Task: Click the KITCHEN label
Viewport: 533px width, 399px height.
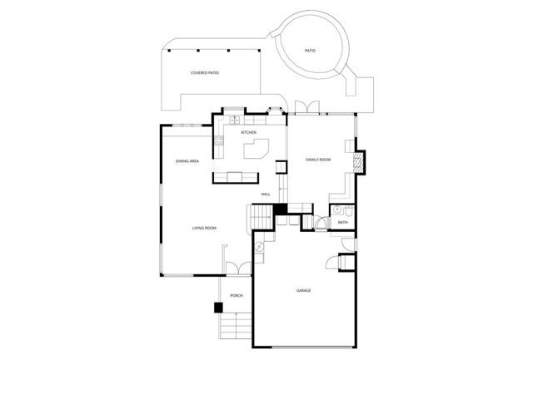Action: click(248, 133)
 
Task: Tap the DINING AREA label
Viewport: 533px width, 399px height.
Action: click(187, 160)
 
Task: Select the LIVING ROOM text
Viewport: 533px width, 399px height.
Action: click(204, 228)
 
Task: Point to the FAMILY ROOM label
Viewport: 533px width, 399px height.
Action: click(318, 159)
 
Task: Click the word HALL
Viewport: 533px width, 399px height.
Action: click(266, 194)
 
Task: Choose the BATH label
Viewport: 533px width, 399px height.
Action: click(342, 223)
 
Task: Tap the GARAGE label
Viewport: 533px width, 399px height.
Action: click(303, 290)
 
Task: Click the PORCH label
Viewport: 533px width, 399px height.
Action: click(236, 295)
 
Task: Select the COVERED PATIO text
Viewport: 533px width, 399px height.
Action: click(205, 72)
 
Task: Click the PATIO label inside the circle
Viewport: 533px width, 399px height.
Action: click(310, 51)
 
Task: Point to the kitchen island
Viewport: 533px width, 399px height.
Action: click(257, 150)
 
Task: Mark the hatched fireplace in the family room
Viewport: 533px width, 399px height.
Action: click(359, 160)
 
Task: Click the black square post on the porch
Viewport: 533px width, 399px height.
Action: click(219, 307)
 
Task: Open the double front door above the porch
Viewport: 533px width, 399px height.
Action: click(238, 268)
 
